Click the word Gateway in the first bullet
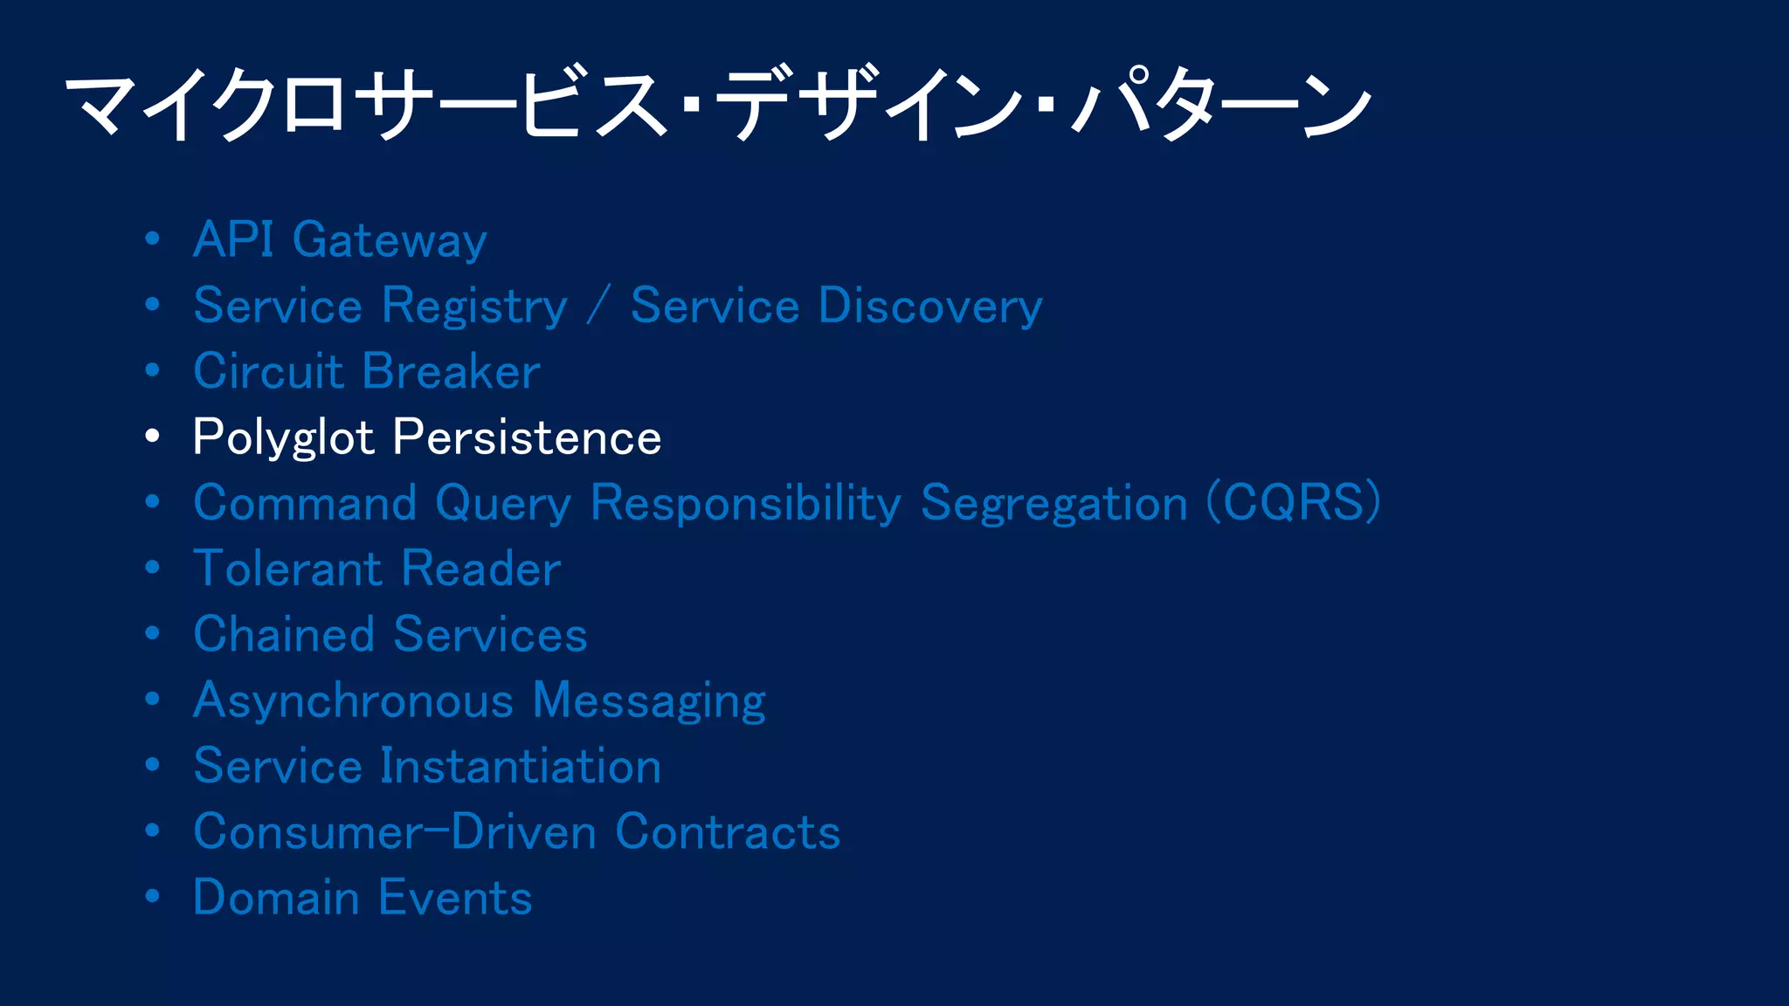pos(389,241)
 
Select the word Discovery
pos(930,307)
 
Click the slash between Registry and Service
pos(598,307)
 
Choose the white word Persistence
pos(527,438)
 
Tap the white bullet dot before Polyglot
pos(153,436)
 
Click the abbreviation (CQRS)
pos(1293,503)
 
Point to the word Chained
pos(283,635)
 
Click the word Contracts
pos(728,832)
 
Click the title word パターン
pos(1221,105)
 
